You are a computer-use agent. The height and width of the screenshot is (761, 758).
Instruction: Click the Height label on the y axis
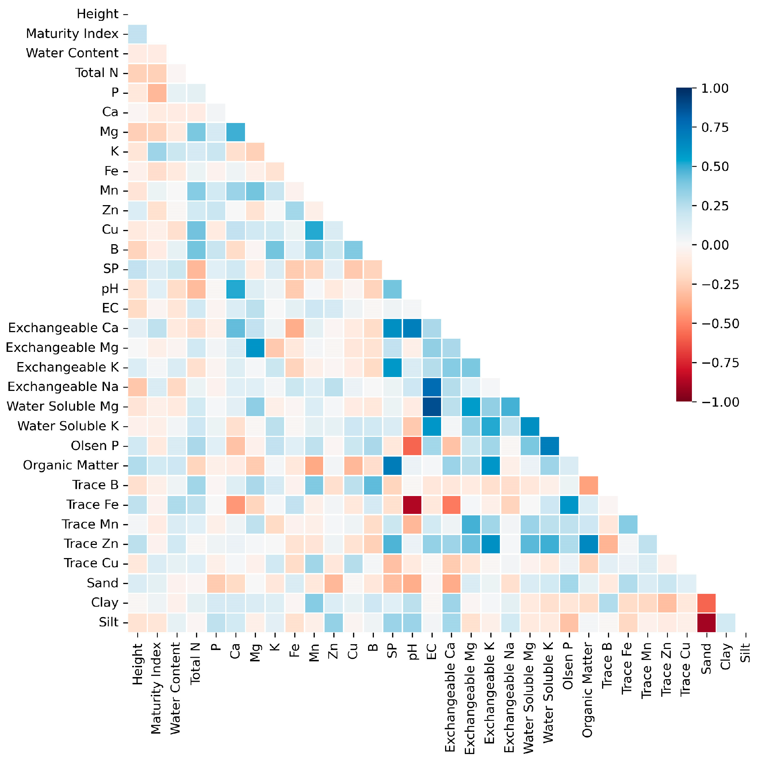pyautogui.click(x=97, y=14)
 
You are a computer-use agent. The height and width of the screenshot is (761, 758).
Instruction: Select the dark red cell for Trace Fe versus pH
pyautogui.click(x=412, y=504)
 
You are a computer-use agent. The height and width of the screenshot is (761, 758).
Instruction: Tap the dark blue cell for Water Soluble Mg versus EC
pyautogui.click(x=432, y=407)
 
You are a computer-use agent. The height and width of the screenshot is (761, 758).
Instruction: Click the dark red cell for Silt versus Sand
pyautogui.click(x=707, y=622)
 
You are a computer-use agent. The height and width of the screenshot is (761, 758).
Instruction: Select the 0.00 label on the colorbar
pyautogui.click(x=715, y=245)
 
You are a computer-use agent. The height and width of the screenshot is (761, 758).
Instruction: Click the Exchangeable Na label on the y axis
pyautogui.click(x=63, y=387)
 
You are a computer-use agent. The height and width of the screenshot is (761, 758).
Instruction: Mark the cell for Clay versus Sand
pyautogui.click(x=707, y=603)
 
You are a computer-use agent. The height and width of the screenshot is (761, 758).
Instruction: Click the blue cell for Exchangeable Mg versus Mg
pyautogui.click(x=255, y=348)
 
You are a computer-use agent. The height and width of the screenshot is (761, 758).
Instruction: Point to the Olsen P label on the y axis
pyautogui.click(x=95, y=446)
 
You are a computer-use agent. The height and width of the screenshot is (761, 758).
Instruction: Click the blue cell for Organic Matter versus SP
pyautogui.click(x=393, y=465)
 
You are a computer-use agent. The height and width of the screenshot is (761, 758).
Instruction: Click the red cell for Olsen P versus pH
pyautogui.click(x=412, y=446)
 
